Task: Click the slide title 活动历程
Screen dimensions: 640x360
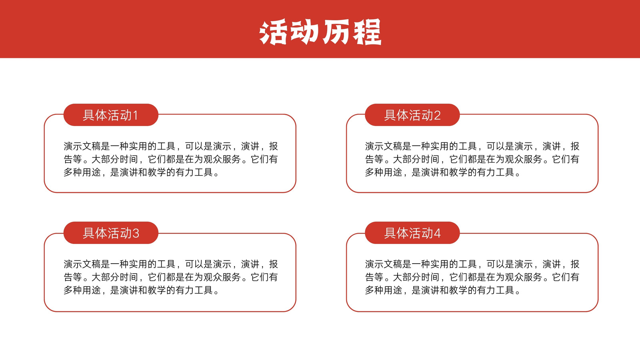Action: (x=320, y=32)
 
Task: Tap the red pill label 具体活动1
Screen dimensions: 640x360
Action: (x=111, y=115)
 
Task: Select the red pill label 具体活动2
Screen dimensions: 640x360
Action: (x=412, y=115)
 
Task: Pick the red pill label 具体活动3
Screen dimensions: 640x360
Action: (x=111, y=233)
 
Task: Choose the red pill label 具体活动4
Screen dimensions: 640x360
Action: (x=412, y=233)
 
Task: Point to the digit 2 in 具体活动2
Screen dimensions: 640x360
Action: (x=437, y=116)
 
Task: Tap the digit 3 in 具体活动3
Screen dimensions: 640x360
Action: (x=136, y=234)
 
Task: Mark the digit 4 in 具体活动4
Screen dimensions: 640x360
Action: (x=437, y=234)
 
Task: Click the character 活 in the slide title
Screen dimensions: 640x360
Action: (x=273, y=32)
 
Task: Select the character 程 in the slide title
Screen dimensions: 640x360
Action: (x=368, y=32)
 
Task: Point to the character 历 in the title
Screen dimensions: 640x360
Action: (x=336, y=32)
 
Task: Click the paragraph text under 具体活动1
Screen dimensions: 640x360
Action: (x=170, y=159)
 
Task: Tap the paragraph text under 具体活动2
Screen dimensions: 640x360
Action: (x=472, y=159)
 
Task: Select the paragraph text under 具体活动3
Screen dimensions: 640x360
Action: (x=170, y=277)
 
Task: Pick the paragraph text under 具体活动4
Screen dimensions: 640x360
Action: (x=472, y=277)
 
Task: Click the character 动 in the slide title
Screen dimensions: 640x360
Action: (x=304, y=32)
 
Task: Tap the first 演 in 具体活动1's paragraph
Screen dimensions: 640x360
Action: (x=68, y=146)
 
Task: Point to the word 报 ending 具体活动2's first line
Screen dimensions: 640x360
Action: (x=575, y=146)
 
